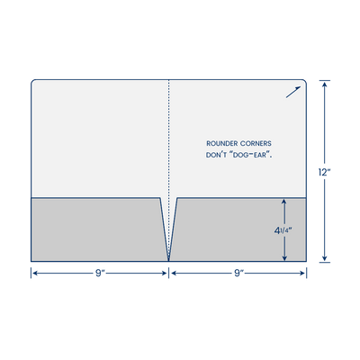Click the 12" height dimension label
(x=324, y=172)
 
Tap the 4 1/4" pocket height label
(x=283, y=230)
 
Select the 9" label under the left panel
(x=100, y=274)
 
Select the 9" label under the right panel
(x=238, y=274)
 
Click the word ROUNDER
(x=222, y=144)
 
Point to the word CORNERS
(x=256, y=144)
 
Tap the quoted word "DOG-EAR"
(x=250, y=156)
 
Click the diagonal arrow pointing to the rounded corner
(x=293, y=92)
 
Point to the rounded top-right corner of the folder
(x=305, y=81)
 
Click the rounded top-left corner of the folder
(x=32, y=81)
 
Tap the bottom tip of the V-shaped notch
(x=168, y=260)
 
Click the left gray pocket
(x=96, y=229)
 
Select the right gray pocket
(x=240, y=229)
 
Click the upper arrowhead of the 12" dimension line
(x=324, y=84)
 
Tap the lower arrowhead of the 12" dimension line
(x=324, y=258)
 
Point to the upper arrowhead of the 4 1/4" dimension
(x=284, y=202)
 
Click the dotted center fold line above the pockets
(x=168, y=138)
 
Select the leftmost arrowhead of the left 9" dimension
(x=35, y=274)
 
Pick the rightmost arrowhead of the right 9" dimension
(x=302, y=274)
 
